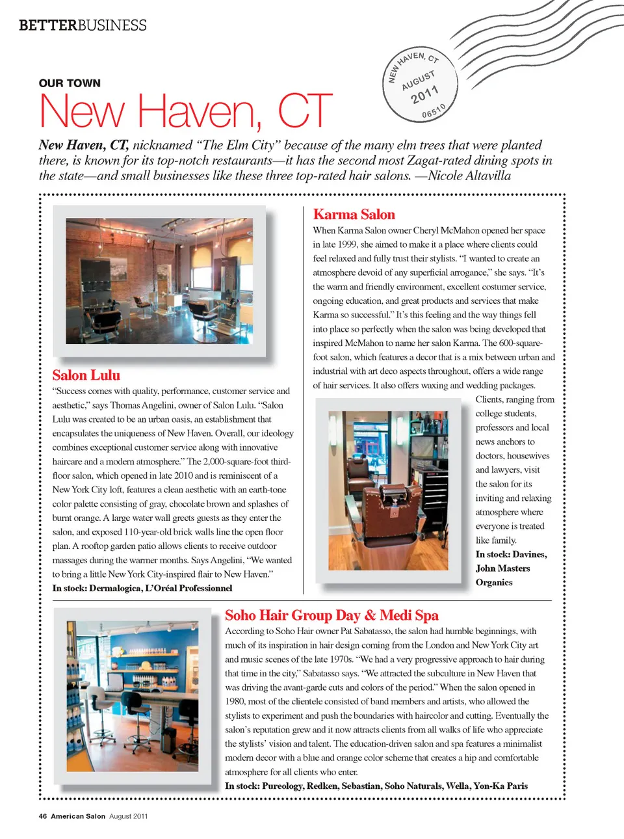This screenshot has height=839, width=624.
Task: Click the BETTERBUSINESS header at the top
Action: point(83,25)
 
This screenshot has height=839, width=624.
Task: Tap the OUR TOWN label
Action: point(70,83)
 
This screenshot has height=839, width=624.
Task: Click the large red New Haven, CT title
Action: point(185,111)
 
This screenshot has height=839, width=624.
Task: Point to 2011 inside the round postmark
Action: point(424,95)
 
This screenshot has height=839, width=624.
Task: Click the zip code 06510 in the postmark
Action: point(434,111)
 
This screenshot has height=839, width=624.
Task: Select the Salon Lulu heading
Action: point(86,375)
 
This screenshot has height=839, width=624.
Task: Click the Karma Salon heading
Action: point(354,215)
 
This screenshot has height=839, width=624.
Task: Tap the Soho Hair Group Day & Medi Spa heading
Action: point(331,615)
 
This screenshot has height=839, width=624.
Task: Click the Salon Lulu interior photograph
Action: point(159,281)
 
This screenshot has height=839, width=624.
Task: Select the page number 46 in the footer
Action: point(43,816)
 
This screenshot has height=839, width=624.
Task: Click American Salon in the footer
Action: point(78,816)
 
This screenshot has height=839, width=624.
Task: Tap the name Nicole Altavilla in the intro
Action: point(469,176)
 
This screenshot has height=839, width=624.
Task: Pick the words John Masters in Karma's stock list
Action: point(502,568)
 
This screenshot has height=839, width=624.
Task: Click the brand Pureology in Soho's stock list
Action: point(282,786)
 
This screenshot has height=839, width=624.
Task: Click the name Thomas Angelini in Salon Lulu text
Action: point(143,405)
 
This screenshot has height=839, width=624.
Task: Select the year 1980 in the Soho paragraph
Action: point(235,701)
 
